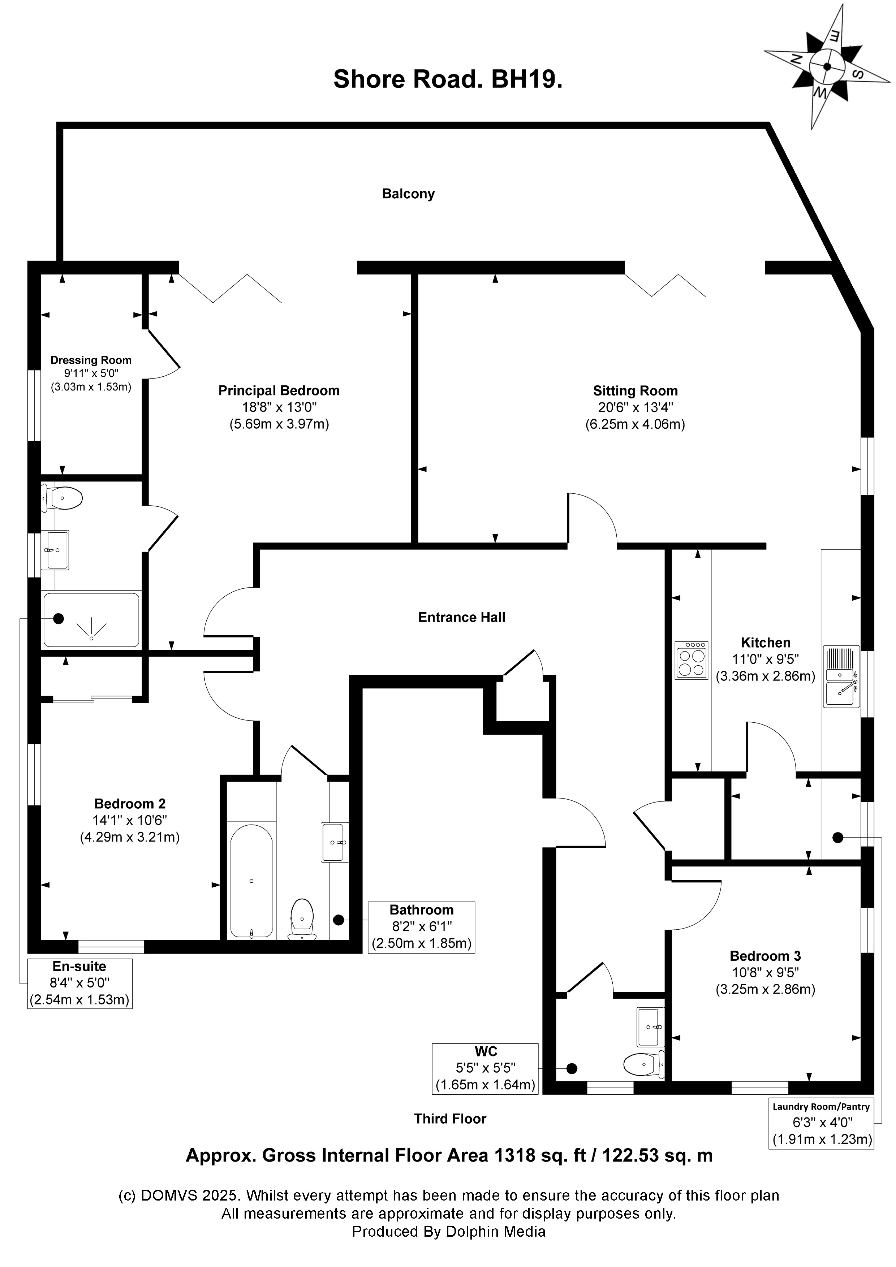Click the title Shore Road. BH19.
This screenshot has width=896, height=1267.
coord(448,79)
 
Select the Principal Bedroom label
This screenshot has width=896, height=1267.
coord(279,391)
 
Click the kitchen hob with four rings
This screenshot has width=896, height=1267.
coord(691,660)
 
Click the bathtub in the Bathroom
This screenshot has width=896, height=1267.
coord(251,881)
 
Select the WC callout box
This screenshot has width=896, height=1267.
coord(485,1069)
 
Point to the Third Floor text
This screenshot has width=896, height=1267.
coord(450,1119)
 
